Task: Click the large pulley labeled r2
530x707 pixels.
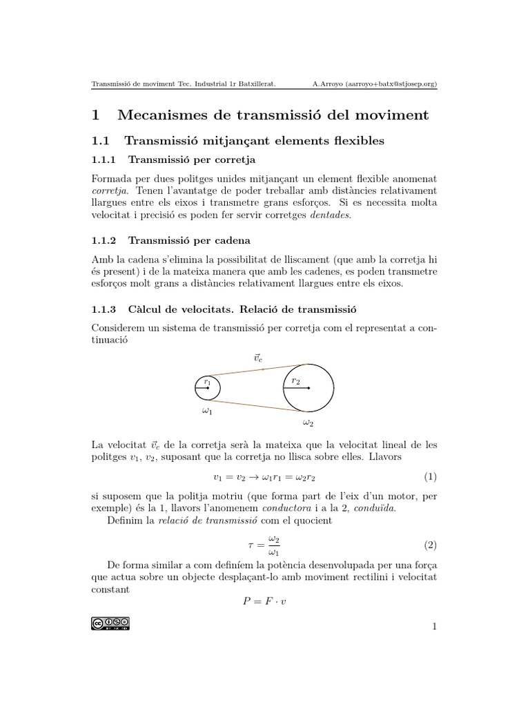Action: click(x=308, y=387)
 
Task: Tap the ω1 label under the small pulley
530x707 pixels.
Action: click(x=207, y=411)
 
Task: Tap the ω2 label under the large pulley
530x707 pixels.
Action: click(x=308, y=423)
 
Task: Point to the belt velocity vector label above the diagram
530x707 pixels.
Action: click(x=258, y=358)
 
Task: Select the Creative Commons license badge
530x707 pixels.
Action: click(x=110, y=623)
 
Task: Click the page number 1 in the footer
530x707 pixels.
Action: click(x=434, y=626)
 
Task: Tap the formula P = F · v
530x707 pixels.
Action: click(x=264, y=601)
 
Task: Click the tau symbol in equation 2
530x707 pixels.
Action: click(x=251, y=545)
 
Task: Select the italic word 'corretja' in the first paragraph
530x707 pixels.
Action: click(x=110, y=190)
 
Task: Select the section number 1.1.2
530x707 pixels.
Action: click(x=105, y=241)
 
